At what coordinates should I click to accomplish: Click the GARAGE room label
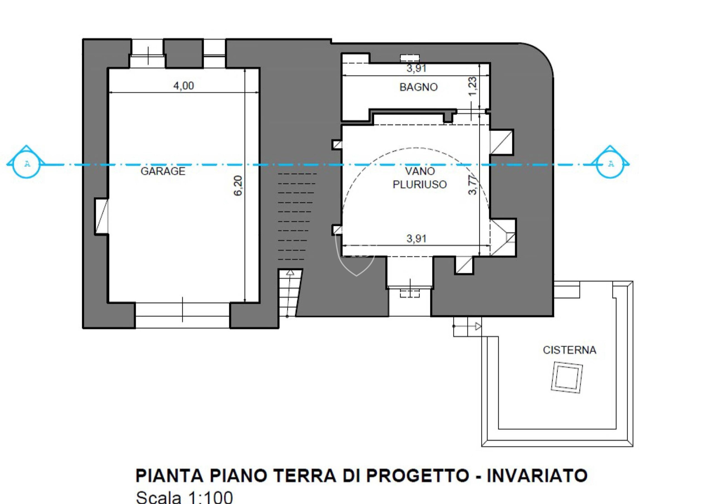tap(163, 171)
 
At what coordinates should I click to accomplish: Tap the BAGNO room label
tap(418, 87)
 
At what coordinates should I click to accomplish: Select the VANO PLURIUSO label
tap(419, 178)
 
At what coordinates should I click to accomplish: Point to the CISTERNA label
tap(569, 350)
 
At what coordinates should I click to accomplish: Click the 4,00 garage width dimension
tap(184, 86)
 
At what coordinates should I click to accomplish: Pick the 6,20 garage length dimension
tap(238, 185)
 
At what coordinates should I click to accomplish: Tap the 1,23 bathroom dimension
tap(472, 86)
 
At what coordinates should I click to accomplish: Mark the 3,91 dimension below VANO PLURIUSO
tap(416, 238)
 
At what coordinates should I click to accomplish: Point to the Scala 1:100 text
tap(184, 497)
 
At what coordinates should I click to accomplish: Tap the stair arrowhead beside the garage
tap(290, 273)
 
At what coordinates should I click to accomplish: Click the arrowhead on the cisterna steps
tap(478, 326)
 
